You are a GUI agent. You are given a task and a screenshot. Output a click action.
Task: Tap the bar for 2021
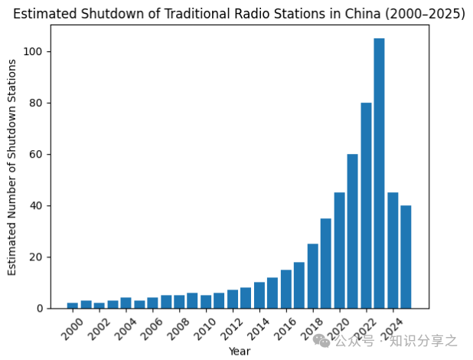click(x=353, y=231)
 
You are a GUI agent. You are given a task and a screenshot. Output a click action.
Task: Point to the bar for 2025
click(x=406, y=257)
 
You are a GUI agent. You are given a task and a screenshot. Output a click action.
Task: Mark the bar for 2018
click(x=312, y=276)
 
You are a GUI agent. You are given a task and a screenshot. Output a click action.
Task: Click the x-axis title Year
click(x=239, y=351)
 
